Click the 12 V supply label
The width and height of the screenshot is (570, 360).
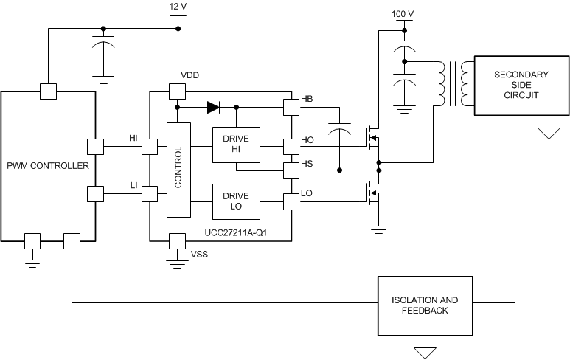click(178, 6)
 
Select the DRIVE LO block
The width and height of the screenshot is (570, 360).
click(236, 201)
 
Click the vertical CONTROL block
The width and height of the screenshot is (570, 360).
click(178, 170)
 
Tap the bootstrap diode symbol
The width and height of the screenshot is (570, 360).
click(213, 108)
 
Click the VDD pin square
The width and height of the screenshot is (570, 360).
click(178, 91)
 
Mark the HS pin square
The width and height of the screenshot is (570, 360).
click(291, 170)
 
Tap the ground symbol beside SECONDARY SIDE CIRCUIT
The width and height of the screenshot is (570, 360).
click(546, 134)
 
